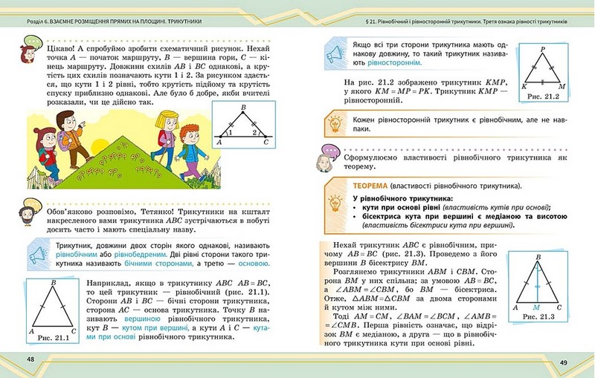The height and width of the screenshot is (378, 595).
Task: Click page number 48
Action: [x=30, y=359]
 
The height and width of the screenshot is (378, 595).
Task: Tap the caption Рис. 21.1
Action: [x=52, y=338]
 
